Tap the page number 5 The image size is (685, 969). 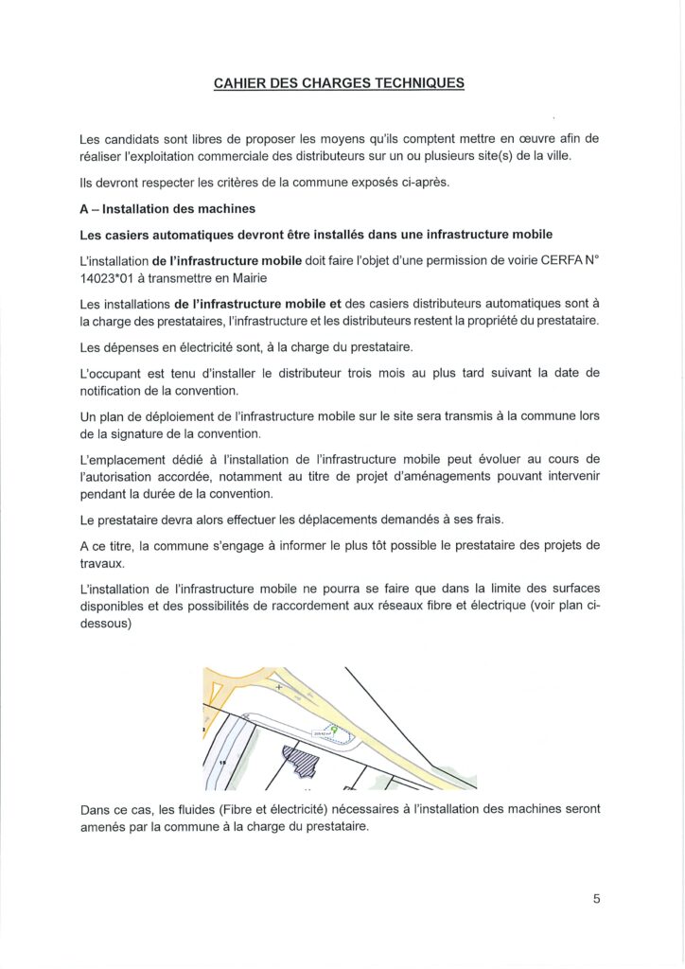pyautogui.click(x=597, y=899)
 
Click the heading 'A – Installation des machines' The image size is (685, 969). pyautogui.click(x=167, y=208)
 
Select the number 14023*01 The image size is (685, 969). pyautogui.click(x=112, y=276)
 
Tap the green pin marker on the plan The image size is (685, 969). pyautogui.click(x=334, y=730)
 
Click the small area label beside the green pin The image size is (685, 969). pyautogui.click(x=320, y=731)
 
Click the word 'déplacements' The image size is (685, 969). pyautogui.click(x=386, y=520)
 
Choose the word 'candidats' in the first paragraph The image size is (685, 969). pyautogui.click(x=140, y=138)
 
